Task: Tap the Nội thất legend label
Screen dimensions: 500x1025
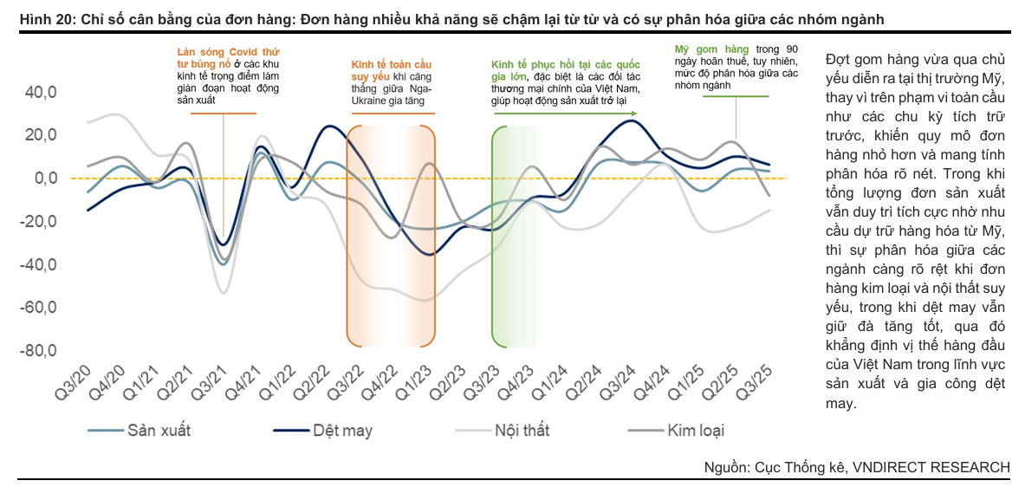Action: (x=522, y=431)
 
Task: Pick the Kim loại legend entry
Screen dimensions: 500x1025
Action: (x=695, y=431)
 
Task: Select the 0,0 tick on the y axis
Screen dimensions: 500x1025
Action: (x=42, y=179)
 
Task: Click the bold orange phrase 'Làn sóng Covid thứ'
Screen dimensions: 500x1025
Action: (x=217, y=53)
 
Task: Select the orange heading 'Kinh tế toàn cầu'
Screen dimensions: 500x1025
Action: (x=391, y=65)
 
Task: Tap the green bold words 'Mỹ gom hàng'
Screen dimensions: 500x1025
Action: (x=712, y=50)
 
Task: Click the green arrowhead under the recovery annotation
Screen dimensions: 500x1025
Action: (x=634, y=114)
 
